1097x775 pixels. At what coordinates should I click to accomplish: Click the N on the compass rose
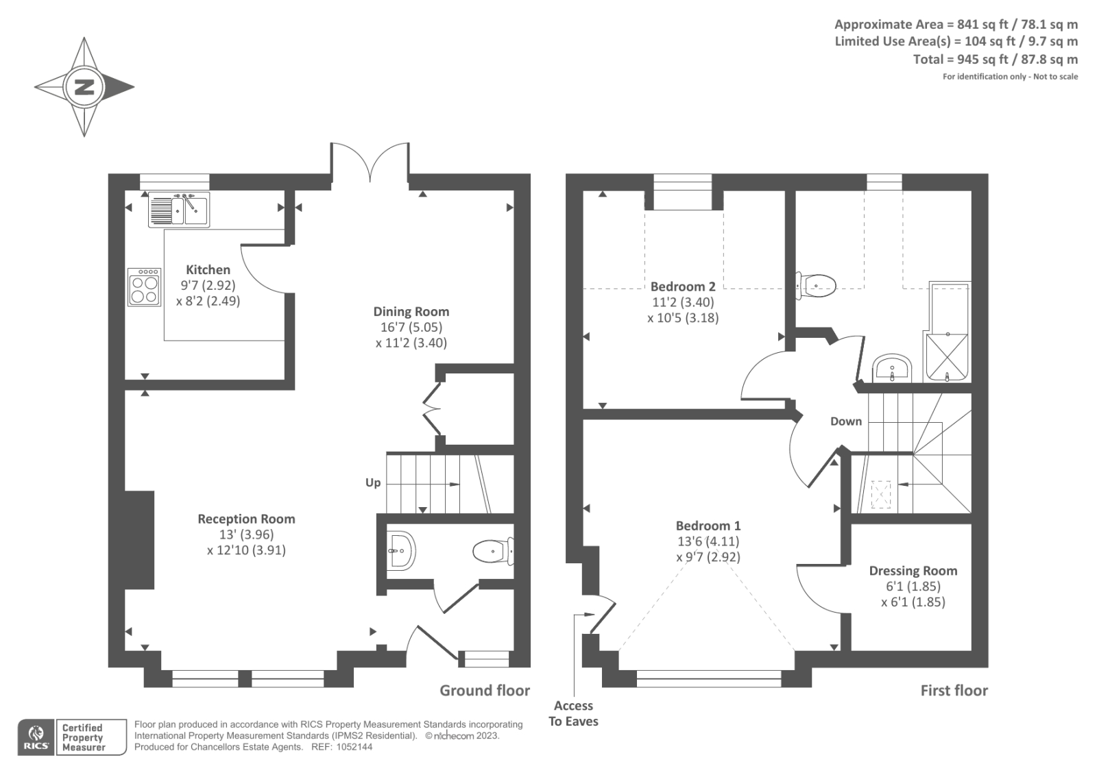[84, 87]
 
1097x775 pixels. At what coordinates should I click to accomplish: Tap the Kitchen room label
[208, 269]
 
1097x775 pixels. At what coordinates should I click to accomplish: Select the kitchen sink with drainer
[179, 210]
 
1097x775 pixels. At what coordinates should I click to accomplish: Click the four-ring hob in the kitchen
[145, 287]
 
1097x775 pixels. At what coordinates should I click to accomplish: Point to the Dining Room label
[411, 311]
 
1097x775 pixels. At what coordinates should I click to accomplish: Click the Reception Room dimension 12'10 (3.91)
[246, 550]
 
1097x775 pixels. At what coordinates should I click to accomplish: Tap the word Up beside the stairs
[373, 482]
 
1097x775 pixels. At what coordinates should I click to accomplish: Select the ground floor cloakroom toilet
[493, 551]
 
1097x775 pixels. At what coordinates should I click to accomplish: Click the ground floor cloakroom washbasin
[401, 551]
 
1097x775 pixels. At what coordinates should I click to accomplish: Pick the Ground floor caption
[485, 690]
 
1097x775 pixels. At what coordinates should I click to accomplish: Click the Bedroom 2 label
[683, 286]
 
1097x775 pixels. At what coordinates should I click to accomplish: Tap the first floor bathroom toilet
[815, 285]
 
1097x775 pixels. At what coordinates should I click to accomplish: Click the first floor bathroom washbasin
[892, 368]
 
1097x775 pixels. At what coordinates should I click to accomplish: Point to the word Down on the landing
[846, 421]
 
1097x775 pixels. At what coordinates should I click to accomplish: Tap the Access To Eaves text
[573, 713]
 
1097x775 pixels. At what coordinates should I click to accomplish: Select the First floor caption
[954, 690]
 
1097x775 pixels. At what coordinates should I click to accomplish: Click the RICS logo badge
[36, 737]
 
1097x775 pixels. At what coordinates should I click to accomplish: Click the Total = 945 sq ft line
[995, 60]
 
